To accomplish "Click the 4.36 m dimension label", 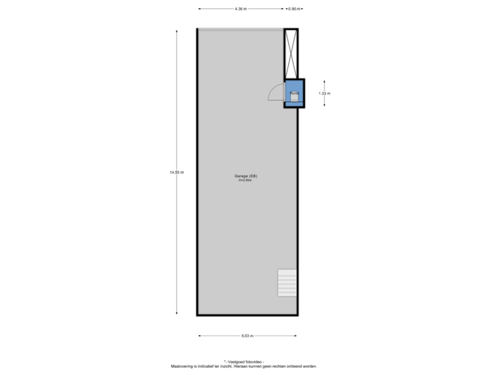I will coord(240,9).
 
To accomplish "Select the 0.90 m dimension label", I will coord(294,9).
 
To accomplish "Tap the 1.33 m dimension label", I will coord(324,92).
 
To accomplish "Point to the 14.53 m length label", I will coord(176,172).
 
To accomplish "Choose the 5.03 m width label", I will coord(247,336).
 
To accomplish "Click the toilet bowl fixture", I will coord(294,97).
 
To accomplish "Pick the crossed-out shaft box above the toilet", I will coord(290,53).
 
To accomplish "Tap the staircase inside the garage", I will coord(287,282).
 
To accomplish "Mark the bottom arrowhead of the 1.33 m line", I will coord(324,106).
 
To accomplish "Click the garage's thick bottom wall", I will coord(247,317).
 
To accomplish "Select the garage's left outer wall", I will coord(197,172).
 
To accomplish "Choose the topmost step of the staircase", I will coord(287,271).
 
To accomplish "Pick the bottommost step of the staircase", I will coord(287,294).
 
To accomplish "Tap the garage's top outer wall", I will coord(240,28).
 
